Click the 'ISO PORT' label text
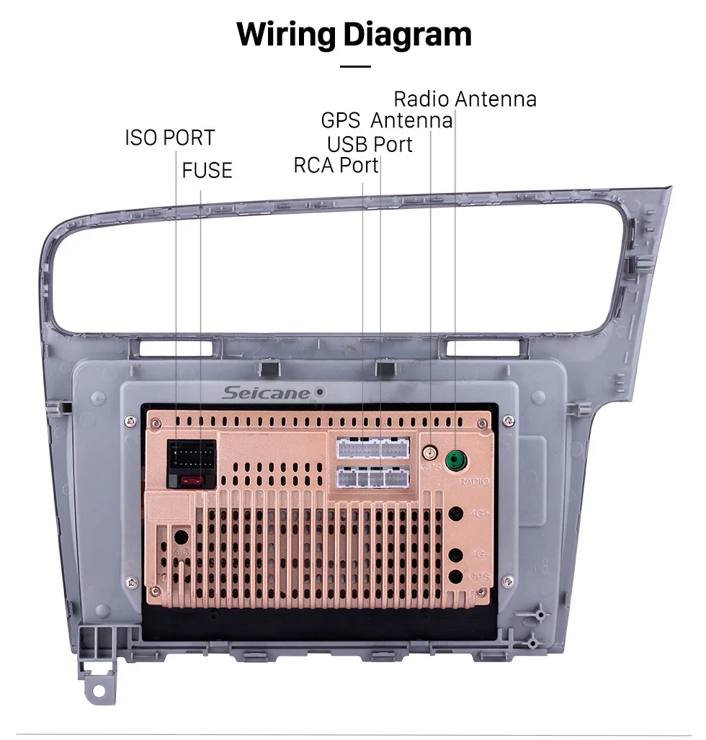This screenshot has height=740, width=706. (169, 137)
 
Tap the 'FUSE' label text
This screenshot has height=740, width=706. (207, 170)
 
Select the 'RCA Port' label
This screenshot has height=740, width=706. (336, 165)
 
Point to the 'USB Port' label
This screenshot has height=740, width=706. (370, 144)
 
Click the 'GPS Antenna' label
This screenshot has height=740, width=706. (387, 120)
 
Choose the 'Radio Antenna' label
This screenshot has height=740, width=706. (465, 99)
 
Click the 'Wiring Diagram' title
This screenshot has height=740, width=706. (354, 34)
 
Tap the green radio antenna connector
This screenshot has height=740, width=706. (455, 458)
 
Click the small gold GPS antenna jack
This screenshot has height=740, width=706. (431, 454)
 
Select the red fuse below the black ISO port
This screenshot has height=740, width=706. (192, 480)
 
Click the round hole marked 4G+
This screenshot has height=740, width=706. (456, 514)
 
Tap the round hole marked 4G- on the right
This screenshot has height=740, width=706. (456, 556)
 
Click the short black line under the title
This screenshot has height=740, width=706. (354, 66)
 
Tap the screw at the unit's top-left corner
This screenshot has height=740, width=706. (132, 421)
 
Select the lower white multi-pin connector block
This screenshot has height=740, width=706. (372, 477)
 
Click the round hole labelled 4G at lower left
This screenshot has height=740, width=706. (180, 537)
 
